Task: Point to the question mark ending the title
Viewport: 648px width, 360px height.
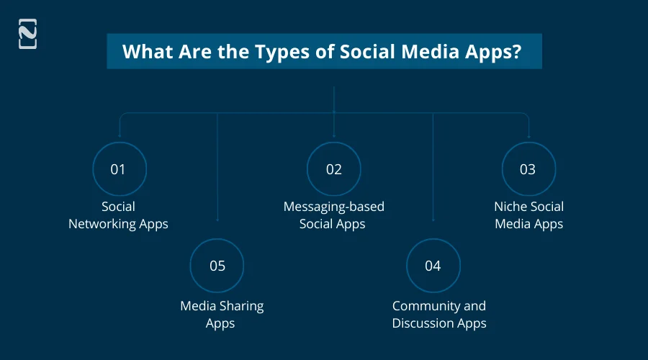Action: pos(516,52)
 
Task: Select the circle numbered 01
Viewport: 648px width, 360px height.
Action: pos(119,169)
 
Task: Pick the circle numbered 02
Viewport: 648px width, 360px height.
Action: pos(333,169)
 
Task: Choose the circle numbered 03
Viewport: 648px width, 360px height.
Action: pos(528,169)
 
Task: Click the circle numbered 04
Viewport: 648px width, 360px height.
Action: pos(433,266)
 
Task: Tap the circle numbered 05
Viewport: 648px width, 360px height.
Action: pos(217,266)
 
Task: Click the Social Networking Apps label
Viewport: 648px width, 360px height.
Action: pos(118,215)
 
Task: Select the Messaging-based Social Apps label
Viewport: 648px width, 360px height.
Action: pos(333,215)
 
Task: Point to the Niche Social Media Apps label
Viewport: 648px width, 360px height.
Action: pos(528,215)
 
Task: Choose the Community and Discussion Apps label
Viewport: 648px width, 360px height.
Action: pos(439,315)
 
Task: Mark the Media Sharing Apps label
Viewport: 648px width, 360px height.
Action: pos(221,315)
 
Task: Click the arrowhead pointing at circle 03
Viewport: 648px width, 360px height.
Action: pos(529,136)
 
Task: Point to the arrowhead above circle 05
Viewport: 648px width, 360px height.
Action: pos(217,219)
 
